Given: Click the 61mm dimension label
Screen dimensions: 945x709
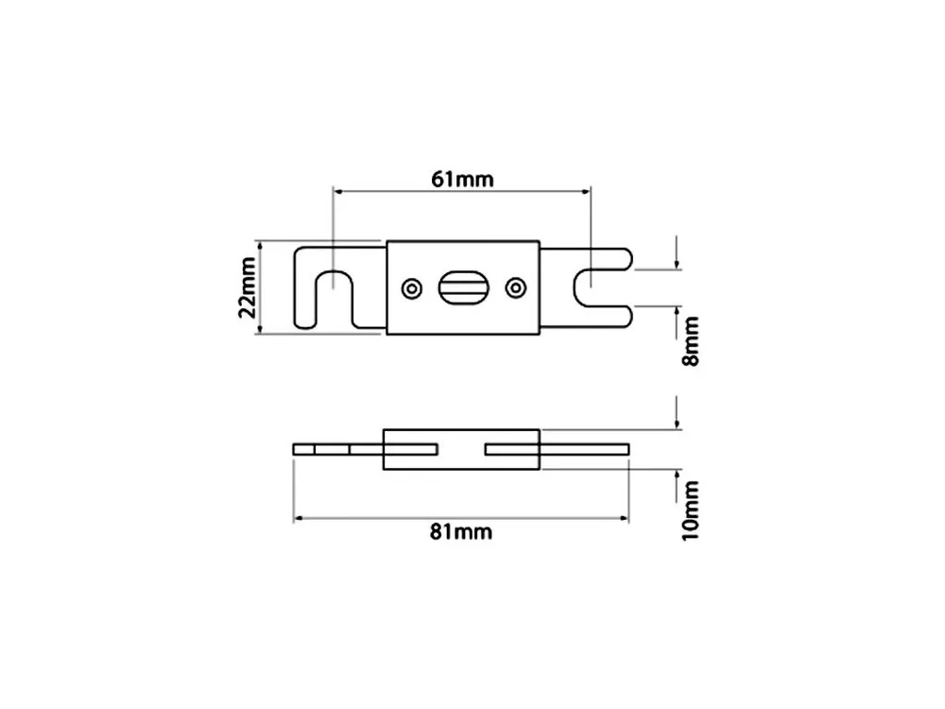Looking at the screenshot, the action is (x=462, y=179).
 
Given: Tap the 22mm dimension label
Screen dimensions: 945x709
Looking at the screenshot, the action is (x=248, y=287).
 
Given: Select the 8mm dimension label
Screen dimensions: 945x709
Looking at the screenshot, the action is (x=691, y=340).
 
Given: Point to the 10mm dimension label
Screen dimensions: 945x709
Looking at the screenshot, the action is (x=691, y=511).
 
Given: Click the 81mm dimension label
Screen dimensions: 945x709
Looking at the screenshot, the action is (x=461, y=531).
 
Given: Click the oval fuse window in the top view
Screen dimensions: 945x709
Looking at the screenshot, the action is (x=463, y=288).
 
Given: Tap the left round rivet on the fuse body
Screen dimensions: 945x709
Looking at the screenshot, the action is (x=412, y=288).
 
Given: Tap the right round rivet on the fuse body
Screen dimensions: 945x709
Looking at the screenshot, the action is (x=515, y=288).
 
